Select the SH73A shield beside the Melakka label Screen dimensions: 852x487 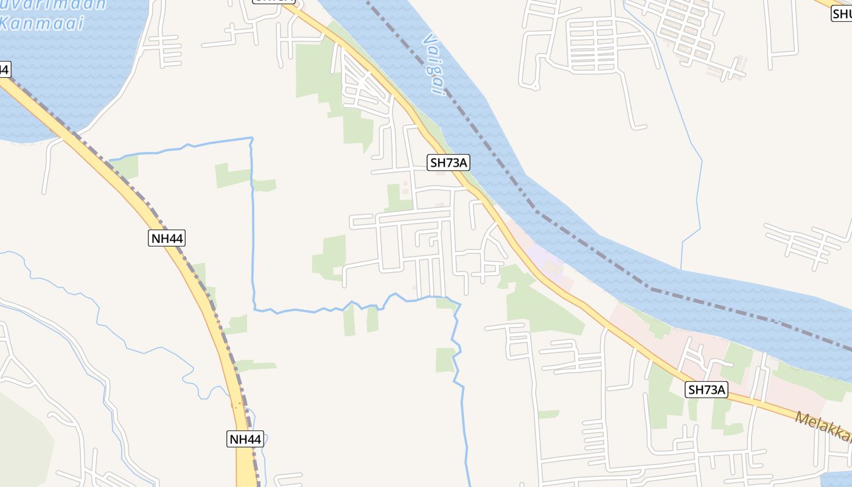click(x=707, y=390)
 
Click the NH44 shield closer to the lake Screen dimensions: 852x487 click(x=166, y=238)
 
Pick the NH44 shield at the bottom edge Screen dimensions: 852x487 click(x=245, y=438)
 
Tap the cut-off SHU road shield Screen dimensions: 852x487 click(x=842, y=13)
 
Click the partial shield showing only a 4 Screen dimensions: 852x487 click(x=5, y=69)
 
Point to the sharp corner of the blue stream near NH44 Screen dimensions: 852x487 click(x=251, y=140)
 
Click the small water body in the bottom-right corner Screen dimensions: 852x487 click(x=837, y=478)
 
